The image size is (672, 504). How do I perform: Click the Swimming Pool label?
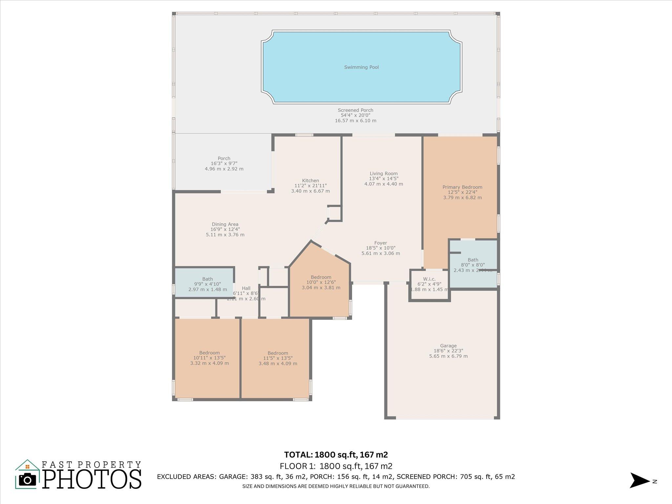[361, 67]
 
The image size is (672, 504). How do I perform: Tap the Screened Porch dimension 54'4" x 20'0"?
[355, 115]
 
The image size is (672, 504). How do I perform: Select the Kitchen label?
[310, 180]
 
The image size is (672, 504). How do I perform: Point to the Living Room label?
[384, 174]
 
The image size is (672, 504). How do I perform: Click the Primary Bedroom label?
[462, 187]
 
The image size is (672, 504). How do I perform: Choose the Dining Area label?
[225, 224]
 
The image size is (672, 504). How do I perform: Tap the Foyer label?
[381, 243]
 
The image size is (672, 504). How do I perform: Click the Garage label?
[448, 346]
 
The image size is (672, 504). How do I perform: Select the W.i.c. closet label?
[429, 279]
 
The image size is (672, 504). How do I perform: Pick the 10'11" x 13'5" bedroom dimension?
[209, 358]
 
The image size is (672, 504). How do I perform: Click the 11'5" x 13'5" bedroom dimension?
[278, 358]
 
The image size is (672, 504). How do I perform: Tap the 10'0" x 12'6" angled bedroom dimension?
[321, 282]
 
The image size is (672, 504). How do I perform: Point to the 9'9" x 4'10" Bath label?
[207, 279]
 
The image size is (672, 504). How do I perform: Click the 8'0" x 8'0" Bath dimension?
[473, 265]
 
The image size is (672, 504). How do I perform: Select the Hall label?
[246, 288]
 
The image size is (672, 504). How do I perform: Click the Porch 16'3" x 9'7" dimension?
[224, 163]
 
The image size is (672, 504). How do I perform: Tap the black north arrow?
[639, 480]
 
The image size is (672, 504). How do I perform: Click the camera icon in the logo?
[28, 480]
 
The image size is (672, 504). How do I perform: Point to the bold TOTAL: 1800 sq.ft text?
[336, 455]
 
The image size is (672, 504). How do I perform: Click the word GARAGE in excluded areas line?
[234, 477]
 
